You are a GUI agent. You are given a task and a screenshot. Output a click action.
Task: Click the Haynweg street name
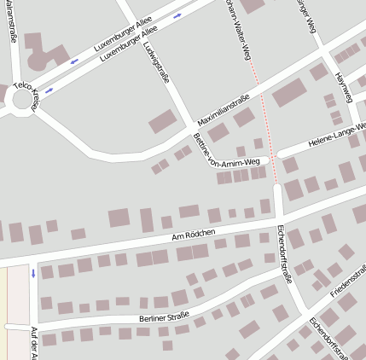[344, 84]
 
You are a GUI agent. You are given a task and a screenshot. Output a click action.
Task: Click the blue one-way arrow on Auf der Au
[33, 274]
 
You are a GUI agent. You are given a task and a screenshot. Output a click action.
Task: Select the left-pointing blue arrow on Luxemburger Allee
[74, 61]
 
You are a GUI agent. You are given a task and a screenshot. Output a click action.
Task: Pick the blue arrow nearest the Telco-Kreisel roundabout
[48, 90]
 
